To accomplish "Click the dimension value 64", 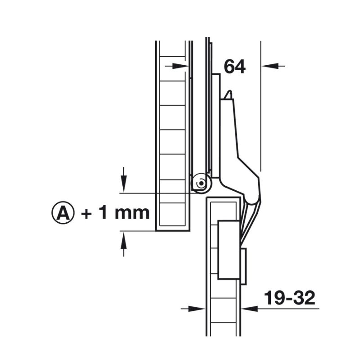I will click(234, 67).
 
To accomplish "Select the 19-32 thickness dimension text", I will click(289, 298).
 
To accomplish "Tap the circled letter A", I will click(63, 213).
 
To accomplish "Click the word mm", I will click(131, 213).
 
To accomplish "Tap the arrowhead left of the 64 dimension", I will click(182, 66).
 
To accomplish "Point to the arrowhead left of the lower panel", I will click(200, 309).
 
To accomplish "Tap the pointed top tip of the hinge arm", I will click(229, 93).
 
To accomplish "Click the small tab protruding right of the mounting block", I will click(243, 266).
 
